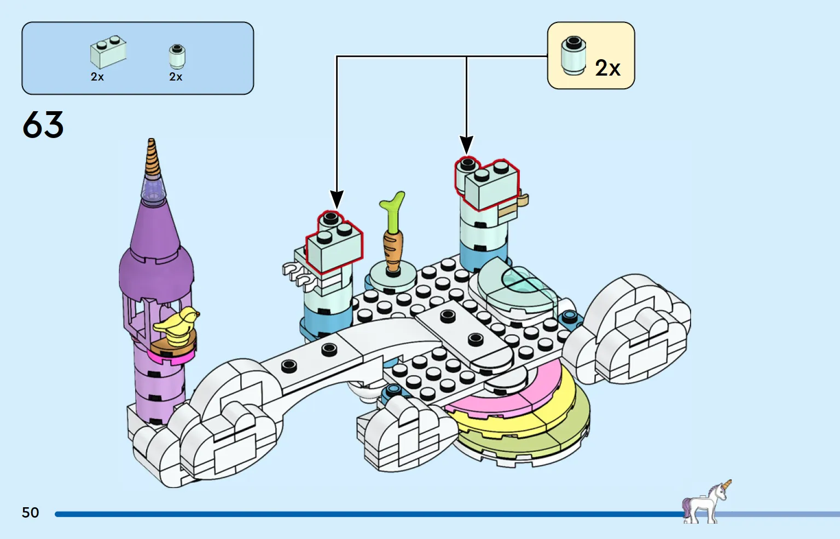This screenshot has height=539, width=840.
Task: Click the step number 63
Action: pos(43,125)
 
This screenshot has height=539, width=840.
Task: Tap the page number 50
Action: pos(31,513)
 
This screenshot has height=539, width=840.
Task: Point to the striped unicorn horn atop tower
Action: pos(153,159)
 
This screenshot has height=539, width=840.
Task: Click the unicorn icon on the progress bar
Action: pos(706,502)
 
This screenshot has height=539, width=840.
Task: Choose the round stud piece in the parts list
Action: pos(177,56)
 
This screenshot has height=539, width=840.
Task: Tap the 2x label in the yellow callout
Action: pos(607,68)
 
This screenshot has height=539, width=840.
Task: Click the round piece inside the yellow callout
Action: pos(573,55)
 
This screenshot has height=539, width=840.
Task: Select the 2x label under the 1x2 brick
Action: pos(97,77)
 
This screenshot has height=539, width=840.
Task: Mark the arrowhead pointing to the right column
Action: pos(466,145)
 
